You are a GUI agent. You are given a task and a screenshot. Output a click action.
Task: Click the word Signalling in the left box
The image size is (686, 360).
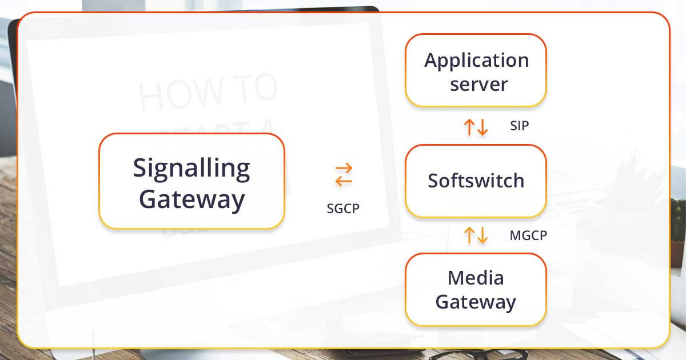click(x=192, y=168)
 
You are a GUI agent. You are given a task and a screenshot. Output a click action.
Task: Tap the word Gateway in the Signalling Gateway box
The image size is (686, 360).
click(x=192, y=199)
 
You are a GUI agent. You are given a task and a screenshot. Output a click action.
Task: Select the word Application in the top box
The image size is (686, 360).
click(x=476, y=60)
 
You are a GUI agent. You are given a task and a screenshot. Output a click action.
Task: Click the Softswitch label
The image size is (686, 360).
click(x=476, y=181)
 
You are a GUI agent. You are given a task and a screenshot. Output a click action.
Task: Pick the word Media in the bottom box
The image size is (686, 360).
click(x=476, y=278)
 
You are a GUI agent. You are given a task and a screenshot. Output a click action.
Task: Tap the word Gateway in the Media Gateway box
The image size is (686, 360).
click(x=476, y=302)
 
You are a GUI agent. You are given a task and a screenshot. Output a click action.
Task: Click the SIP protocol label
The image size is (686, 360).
click(x=519, y=126)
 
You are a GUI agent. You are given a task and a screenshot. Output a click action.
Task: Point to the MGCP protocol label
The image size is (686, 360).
click(x=528, y=235)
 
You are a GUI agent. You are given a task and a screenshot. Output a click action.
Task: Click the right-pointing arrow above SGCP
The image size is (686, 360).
click(x=344, y=169)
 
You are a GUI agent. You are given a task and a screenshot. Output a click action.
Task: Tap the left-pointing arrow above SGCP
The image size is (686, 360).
click(x=344, y=181)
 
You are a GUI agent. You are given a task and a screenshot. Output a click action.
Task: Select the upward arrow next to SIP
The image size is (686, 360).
click(x=469, y=127)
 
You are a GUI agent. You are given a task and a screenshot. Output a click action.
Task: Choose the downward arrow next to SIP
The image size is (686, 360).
click(x=482, y=127)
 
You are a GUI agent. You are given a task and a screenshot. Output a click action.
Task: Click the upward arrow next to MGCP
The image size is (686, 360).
click(x=469, y=235)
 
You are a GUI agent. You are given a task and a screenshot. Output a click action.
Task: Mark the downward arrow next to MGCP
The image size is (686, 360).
click(x=482, y=235)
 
